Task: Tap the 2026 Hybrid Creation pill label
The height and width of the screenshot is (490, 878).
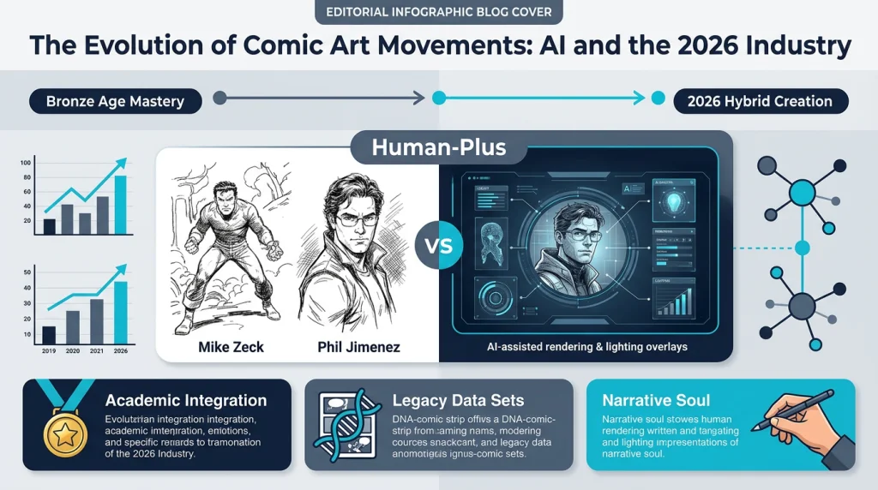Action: (x=760, y=101)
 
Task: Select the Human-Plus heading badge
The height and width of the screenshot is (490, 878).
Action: (x=438, y=147)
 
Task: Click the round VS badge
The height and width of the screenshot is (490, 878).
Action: (x=438, y=248)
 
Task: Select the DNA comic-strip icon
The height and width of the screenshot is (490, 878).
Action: (x=347, y=426)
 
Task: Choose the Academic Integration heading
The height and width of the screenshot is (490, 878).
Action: (x=185, y=400)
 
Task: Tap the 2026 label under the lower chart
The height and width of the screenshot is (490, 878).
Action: (x=120, y=351)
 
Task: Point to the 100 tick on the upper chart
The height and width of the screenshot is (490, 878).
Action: (x=25, y=163)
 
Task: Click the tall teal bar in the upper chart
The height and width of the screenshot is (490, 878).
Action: (x=120, y=205)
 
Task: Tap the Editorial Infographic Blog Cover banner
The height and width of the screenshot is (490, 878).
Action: (x=439, y=13)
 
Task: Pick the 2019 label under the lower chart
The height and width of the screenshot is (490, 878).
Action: (x=49, y=351)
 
